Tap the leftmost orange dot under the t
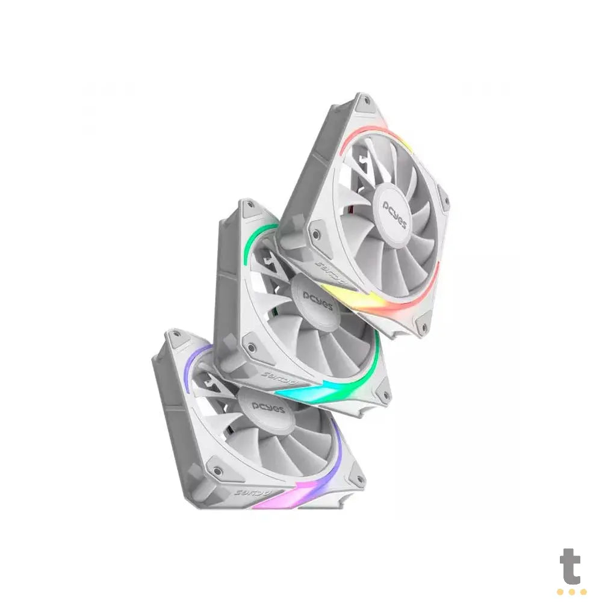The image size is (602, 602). click(x=560, y=592)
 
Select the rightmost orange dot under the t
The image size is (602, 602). click(x=582, y=592)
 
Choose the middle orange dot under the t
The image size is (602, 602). click(x=571, y=592)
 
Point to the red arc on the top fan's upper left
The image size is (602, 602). click(x=361, y=135)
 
